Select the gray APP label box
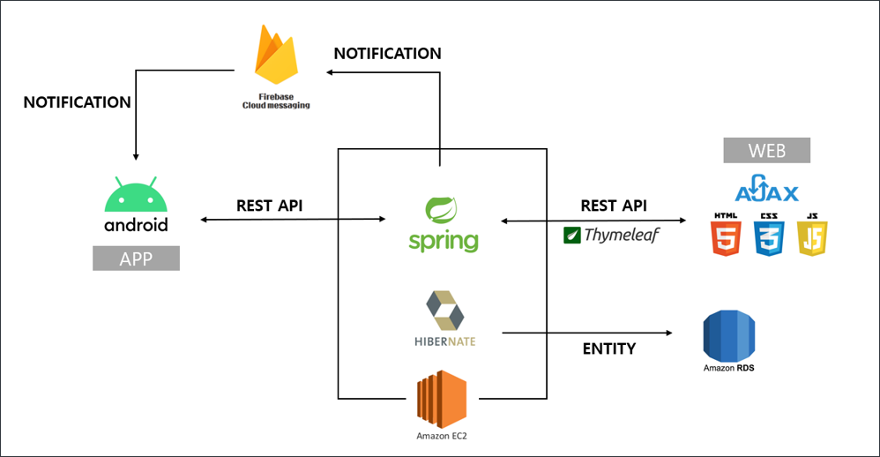(136, 258)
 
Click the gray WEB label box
(766, 150)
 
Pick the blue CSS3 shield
(769, 236)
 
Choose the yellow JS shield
(812, 236)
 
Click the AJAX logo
(766, 191)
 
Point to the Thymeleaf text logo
(611, 236)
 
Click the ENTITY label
(608, 348)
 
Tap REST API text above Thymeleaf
(613, 205)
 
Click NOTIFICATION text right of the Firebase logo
(387, 53)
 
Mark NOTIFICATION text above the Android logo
(78, 102)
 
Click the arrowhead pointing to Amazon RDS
(668, 333)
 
